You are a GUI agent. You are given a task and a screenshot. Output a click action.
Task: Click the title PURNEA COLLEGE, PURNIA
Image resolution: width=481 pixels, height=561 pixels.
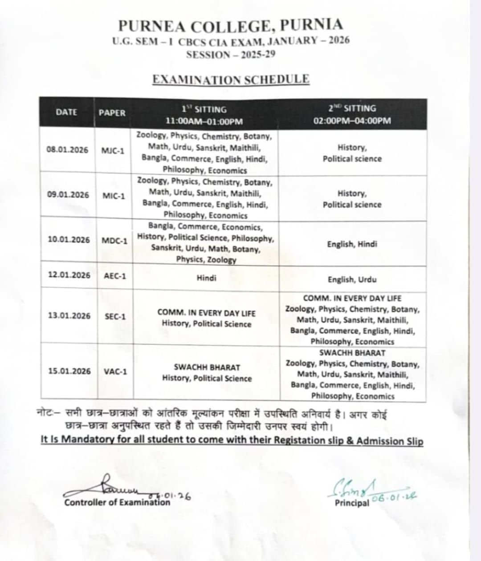click(231, 25)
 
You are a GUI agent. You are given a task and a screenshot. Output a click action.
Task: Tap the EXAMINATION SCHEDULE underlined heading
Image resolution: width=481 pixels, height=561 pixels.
click(231, 79)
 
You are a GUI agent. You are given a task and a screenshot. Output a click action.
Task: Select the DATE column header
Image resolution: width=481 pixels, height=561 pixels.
click(66, 112)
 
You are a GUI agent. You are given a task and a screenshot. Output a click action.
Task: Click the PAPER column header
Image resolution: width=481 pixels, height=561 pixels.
click(112, 113)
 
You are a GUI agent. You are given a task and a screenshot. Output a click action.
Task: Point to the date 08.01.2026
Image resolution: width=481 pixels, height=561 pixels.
click(67, 149)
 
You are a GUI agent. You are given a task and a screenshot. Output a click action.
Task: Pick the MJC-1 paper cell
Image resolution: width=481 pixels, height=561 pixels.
click(113, 150)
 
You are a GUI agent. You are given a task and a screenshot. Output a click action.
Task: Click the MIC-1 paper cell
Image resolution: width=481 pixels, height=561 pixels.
click(114, 196)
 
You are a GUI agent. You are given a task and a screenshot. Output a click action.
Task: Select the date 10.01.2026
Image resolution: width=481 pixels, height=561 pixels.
click(69, 239)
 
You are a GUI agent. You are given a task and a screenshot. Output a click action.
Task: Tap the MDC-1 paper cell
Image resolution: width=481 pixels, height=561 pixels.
click(114, 241)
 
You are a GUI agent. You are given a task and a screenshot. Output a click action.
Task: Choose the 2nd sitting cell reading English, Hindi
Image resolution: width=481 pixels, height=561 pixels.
click(352, 244)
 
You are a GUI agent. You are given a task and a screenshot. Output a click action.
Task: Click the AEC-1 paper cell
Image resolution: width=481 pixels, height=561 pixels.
click(115, 276)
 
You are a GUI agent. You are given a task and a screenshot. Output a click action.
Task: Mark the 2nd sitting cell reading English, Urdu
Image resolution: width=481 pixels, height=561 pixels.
click(352, 279)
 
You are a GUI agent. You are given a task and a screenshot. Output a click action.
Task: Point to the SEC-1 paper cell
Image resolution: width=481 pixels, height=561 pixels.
click(115, 316)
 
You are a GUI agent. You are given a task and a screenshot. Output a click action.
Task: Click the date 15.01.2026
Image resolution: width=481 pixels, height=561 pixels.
click(69, 371)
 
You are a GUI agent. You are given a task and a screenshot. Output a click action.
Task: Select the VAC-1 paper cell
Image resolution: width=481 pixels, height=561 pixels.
click(115, 371)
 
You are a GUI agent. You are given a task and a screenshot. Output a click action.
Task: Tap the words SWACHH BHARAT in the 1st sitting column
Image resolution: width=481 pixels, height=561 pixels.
click(207, 367)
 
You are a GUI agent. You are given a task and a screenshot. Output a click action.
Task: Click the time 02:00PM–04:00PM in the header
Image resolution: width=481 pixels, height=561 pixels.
click(352, 121)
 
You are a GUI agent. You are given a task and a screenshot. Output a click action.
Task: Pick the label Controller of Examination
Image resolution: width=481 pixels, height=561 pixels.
click(117, 502)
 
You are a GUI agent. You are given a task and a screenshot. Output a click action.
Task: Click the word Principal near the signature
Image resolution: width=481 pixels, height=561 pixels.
click(352, 503)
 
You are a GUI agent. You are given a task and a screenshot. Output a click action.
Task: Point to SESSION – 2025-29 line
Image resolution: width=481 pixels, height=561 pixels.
click(231, 55)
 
